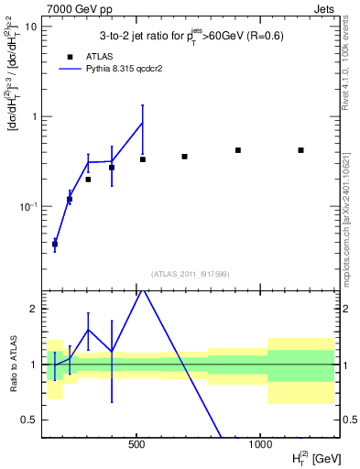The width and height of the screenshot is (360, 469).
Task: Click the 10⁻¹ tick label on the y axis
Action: tap(27, 206)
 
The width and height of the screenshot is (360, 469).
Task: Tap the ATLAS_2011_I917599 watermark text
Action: tap(190, 273)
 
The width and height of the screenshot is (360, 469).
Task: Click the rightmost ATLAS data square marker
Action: tap(300, 150)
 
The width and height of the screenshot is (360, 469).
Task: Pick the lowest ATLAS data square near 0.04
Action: tap(55, 244)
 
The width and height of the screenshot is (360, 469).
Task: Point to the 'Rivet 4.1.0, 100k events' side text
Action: tap(349, 73)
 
